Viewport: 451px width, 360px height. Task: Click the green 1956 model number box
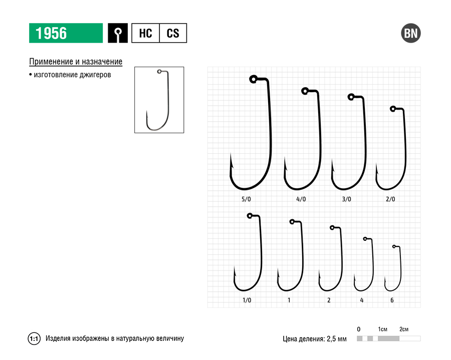66,33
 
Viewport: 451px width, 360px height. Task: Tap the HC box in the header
145,33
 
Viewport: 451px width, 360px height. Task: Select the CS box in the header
173,33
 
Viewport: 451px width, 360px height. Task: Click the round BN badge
411,33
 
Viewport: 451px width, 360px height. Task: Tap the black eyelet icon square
118,33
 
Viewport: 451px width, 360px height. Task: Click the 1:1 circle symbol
34,338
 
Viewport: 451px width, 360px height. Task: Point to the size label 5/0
246,199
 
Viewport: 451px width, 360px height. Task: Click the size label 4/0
301,199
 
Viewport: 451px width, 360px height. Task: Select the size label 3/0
346,199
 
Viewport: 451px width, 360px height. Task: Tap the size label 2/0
390,199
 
